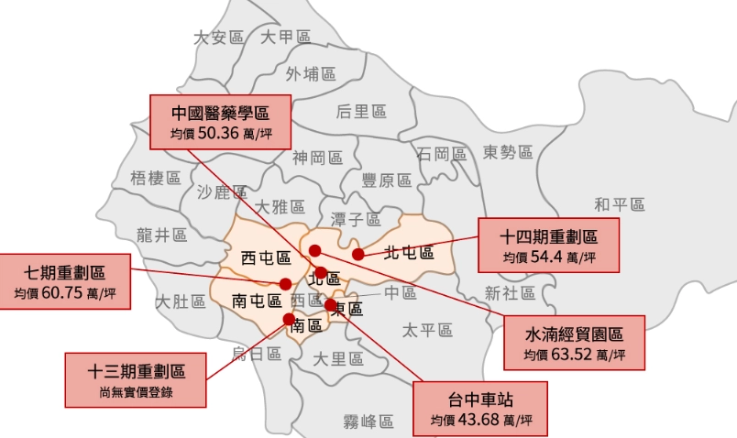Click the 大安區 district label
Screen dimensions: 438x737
coord(218,38)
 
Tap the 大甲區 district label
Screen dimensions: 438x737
coord(286,37)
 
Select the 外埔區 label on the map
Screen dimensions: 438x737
coord(311,73)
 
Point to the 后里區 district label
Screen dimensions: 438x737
coord(361,112)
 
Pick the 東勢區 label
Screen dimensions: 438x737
coord(508,152)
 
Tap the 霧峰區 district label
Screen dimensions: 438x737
coord(368,422)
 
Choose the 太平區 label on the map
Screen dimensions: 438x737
coord(428,330)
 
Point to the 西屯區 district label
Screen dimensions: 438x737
coord(266,257)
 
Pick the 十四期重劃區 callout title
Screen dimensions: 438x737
coord(548,235)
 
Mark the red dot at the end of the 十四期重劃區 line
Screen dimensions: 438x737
coord(358,254)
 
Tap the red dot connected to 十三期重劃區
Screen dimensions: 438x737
coord(289,318)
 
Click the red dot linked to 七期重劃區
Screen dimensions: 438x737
coord(285,283)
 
